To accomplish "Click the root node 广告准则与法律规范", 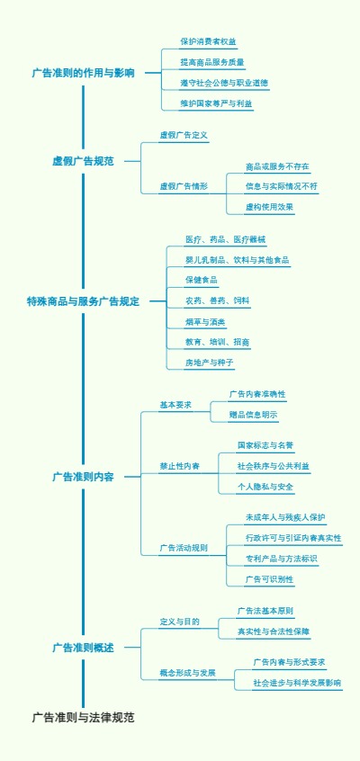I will (x=83, y=718).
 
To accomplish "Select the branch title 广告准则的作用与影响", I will (x=83, y=73).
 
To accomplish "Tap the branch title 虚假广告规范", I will (x=83, y=161).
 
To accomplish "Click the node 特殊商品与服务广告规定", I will (x=83, y=301).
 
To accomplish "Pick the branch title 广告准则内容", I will (x=83, y=477).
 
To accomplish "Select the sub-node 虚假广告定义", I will (x=184, y=135).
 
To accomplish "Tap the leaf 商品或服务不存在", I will (x=276, y=166).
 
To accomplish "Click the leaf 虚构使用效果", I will (x=269, y=207).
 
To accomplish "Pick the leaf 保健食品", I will (x=201, y=280).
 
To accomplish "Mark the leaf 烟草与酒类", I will (x=205, y=321).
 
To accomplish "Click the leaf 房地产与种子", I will (x=209, y=363).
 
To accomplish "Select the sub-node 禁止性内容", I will (x=180, y=466).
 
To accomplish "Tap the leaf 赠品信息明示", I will (x=253, y=415).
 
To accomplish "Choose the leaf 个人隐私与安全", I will (x=265, y=487).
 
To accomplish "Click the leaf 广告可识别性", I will (x=269, y=578).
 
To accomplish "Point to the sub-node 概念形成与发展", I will (x=187, y=672).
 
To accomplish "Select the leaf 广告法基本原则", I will (x=265, y=611).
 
